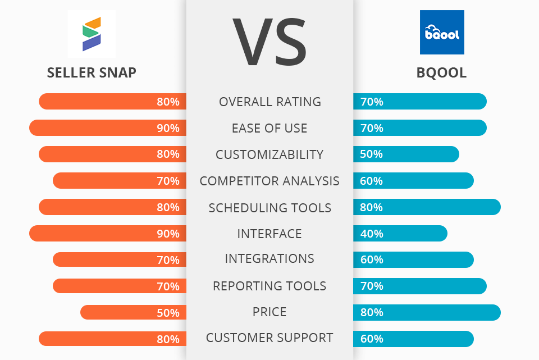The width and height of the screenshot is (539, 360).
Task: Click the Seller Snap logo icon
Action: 91,34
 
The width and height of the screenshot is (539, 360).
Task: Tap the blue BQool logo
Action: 442,33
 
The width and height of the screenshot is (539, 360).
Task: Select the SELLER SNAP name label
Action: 92,73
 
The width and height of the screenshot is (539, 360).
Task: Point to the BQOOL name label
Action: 441,73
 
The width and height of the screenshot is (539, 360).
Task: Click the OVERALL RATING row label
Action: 269,102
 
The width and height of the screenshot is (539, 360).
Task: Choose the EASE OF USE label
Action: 269,128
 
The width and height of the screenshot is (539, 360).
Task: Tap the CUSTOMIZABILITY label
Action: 269,154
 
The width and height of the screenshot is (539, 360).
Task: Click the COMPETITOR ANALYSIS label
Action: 269,181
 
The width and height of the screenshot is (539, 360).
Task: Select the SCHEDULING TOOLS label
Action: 269,207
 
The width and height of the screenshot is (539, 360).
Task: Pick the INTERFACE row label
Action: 269,233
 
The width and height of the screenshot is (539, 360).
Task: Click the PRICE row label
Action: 269,312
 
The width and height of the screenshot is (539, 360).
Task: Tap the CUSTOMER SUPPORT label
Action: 269,338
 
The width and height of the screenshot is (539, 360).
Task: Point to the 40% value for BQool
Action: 371,234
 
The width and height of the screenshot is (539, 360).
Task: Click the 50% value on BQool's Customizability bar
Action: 371,154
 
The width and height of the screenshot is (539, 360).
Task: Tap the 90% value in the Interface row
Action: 168,234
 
